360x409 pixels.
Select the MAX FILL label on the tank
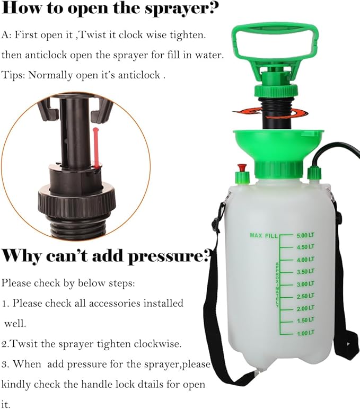264,235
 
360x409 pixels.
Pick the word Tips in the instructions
13,75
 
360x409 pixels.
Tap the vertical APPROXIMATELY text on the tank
277,284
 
